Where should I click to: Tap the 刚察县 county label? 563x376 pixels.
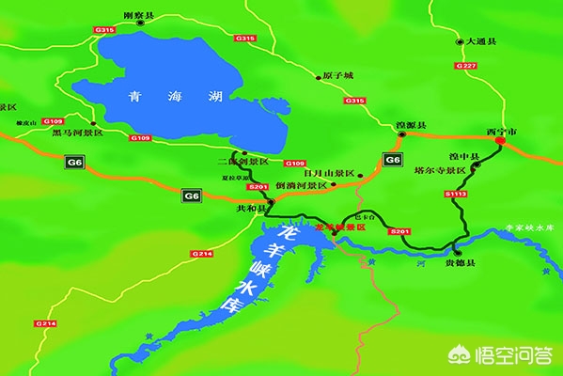[x=138, y=16]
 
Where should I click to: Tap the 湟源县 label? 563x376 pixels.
[x=411, y=126]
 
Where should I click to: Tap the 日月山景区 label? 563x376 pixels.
[x=329, y=174]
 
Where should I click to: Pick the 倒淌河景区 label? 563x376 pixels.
[x=301, y=186]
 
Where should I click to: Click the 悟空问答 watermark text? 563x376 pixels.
[x=523, y=356]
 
